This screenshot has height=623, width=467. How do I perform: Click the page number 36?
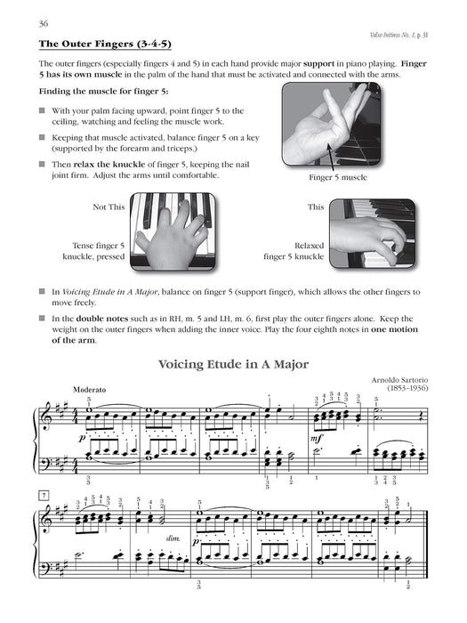click(x=36, y=22)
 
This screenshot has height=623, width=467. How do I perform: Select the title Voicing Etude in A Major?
click(x=233, y=363)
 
